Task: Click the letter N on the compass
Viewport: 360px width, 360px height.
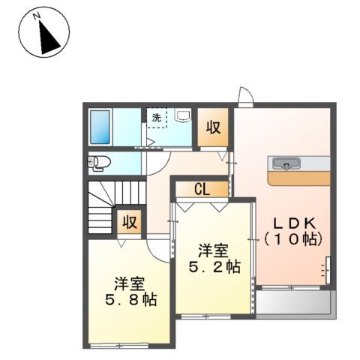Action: click(37, 16)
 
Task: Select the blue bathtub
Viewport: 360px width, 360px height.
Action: click(100, 127)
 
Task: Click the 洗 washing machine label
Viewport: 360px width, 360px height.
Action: click(157, 118)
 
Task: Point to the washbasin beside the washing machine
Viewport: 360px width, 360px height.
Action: click(183, 115)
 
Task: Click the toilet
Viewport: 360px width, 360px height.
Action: click(99, 163)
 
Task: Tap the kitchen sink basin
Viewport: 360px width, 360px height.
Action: click(286, 163)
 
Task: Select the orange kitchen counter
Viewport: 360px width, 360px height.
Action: click(299, 178)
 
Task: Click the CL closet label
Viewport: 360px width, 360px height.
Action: click(202, 190)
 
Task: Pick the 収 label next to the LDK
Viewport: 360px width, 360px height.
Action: click(213, 127)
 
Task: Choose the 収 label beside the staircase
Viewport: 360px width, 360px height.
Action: click(130, 222)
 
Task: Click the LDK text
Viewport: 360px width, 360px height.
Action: click(294, 223)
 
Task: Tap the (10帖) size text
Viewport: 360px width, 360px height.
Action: click(293, 240)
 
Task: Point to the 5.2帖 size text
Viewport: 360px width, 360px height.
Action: click(214, 267)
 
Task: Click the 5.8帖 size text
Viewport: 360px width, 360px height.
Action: click(131, 300)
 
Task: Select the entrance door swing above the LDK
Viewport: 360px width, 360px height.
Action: click(245, 97)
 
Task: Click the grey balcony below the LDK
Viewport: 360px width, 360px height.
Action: click(295, 302)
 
